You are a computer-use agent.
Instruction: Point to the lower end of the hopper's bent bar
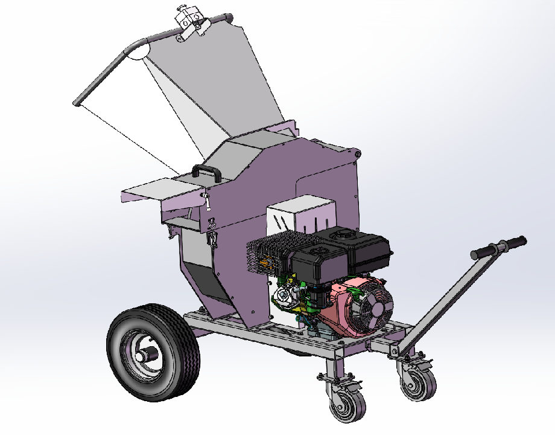[77, 103]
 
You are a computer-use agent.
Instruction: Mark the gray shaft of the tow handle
[446, 296]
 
